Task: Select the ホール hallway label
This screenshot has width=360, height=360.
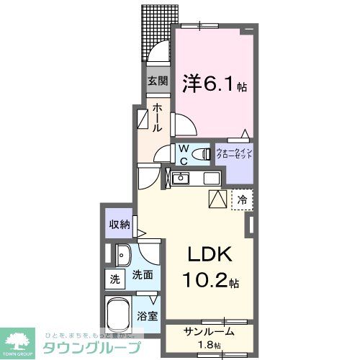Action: (x=157, y=117)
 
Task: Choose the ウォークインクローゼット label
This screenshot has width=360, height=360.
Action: (x=234, y=154)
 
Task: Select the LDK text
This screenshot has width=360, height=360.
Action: (x=210, y=256)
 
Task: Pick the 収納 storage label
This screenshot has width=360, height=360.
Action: (x=119, y=225)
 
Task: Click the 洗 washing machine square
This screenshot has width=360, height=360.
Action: (x=115, y=278)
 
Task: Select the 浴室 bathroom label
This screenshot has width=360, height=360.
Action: (x=147, y=315)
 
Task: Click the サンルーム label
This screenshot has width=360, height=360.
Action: (x=208, y=333)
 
